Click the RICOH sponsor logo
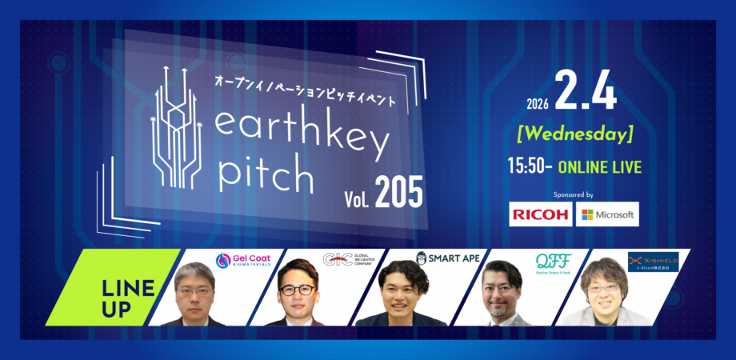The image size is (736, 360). (x=541, y=214)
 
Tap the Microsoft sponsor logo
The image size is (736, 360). (x=608, y=214)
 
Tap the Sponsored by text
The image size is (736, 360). (x=574, y=194)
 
